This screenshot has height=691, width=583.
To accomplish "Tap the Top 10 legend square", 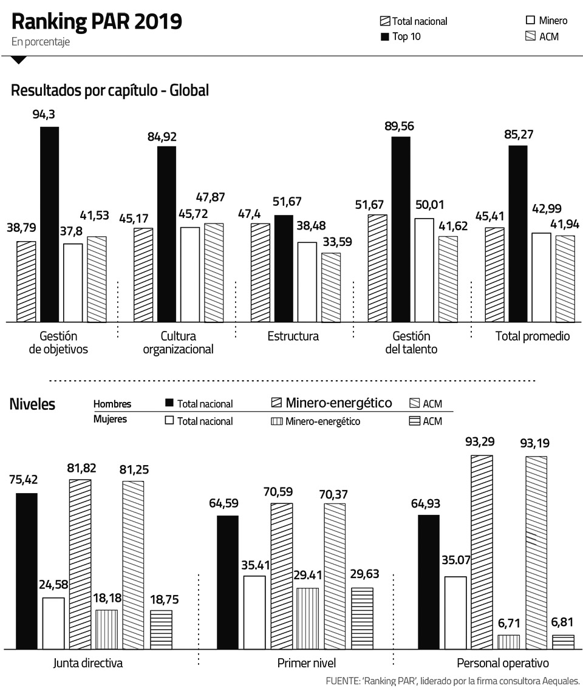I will pos(384,37).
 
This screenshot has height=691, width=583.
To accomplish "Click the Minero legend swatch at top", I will pos(530,20).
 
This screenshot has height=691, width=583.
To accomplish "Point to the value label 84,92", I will pos(166,137).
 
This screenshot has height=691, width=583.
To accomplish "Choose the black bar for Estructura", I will pos(284,268).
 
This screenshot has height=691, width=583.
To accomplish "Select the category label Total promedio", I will pos(533,336).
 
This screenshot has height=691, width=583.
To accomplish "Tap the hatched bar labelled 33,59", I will pos(331,287).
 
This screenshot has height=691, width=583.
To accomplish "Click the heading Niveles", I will pos(32,404).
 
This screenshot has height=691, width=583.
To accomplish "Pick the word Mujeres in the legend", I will pos(111,419).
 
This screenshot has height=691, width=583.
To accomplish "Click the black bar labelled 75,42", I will pos(26,571).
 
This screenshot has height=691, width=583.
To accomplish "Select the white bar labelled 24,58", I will pos(53,623).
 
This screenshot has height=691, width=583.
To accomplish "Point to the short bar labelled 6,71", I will pos(508,642).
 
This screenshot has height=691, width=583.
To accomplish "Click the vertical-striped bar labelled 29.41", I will pos(308,618).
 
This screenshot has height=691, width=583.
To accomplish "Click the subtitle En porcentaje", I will pos(40,42).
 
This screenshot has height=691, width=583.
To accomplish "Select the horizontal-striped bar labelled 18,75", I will pos(162,630).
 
